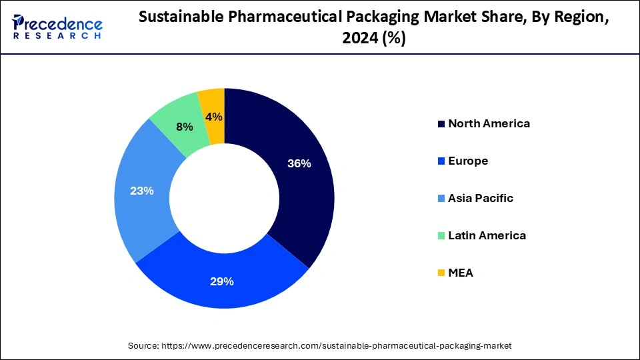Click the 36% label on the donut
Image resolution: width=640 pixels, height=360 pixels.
(x=299, y=163)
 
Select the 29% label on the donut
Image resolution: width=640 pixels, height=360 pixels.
(x=221, y=281)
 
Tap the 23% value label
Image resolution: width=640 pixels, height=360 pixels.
(x=143, y=191)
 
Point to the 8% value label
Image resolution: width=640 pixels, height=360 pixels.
(x=185, y=127)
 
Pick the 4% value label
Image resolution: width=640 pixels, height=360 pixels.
(x=214, y=117)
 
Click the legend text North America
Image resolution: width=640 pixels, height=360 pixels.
(x=489, y=123)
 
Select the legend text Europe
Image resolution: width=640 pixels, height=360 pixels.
(x=468, y=161)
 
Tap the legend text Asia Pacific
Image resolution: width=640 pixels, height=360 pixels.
(x=481, y=198)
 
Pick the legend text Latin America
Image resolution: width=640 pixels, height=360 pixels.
(x=487, y=235)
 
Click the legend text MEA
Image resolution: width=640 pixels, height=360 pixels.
(x=461, y=273)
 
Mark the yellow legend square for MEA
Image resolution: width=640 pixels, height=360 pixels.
(x=441, y=273)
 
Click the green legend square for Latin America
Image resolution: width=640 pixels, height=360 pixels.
(x=441, y=236)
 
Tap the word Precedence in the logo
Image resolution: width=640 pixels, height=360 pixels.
(x=58, y=24)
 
